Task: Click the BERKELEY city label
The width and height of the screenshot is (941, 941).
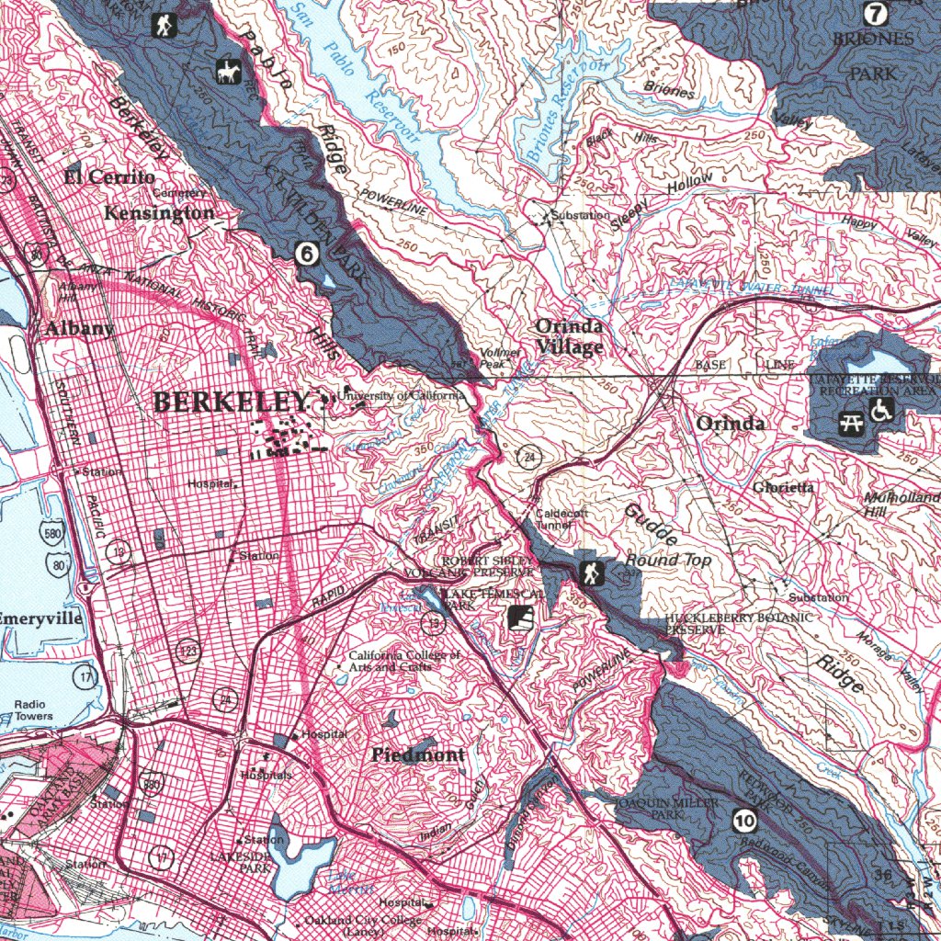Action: (230, 402)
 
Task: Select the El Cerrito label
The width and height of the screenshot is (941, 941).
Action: (109, 176)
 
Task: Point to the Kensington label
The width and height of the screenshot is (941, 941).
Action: (160, 213)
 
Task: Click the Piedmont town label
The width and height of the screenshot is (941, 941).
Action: (418, 754)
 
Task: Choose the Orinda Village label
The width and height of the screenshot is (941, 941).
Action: (570, 336)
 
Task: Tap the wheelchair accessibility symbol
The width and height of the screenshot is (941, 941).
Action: (883, 410)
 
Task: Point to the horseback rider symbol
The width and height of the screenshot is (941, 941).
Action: (227, 71)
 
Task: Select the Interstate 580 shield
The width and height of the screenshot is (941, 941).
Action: (52, 535)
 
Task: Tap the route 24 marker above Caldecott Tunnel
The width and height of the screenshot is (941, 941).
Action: (530, 457)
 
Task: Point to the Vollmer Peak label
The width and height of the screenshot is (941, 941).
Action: (500, 358)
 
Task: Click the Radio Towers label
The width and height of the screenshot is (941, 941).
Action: (33, 710)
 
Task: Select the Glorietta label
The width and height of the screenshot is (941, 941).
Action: (783, 487)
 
